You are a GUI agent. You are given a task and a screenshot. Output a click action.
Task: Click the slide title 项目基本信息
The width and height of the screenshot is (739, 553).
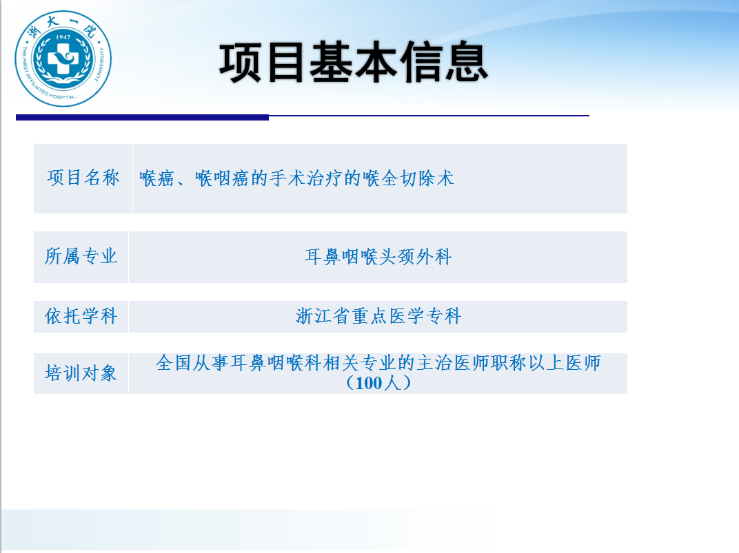354,62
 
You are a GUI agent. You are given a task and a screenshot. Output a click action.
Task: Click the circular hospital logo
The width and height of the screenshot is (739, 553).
63,59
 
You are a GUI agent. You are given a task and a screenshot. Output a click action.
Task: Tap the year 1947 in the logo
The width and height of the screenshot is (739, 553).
63,36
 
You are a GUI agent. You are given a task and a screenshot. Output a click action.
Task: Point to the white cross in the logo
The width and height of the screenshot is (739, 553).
63,59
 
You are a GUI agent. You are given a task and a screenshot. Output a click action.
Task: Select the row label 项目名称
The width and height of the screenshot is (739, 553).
83,178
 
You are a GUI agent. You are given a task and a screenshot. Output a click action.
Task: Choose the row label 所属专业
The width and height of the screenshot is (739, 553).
81,256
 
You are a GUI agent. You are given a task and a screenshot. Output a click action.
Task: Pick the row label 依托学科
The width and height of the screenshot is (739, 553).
81,316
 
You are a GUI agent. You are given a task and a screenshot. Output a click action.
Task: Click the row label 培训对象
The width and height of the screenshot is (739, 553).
81,373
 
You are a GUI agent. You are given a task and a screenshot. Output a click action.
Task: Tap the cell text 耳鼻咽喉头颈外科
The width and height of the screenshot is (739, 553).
378,257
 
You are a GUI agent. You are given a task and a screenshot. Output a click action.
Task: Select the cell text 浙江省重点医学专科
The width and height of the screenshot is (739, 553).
378,316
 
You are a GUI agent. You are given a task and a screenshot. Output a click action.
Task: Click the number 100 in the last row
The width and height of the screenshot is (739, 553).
369,383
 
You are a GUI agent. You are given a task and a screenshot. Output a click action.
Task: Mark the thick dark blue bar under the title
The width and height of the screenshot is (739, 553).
142,117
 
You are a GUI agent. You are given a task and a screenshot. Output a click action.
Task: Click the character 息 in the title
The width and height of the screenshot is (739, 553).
467,62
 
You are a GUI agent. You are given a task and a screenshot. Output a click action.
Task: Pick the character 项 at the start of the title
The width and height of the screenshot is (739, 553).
241,62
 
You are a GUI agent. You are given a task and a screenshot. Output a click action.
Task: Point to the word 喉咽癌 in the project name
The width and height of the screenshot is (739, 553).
223,178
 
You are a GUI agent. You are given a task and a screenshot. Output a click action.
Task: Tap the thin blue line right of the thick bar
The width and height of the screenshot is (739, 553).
429,115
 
